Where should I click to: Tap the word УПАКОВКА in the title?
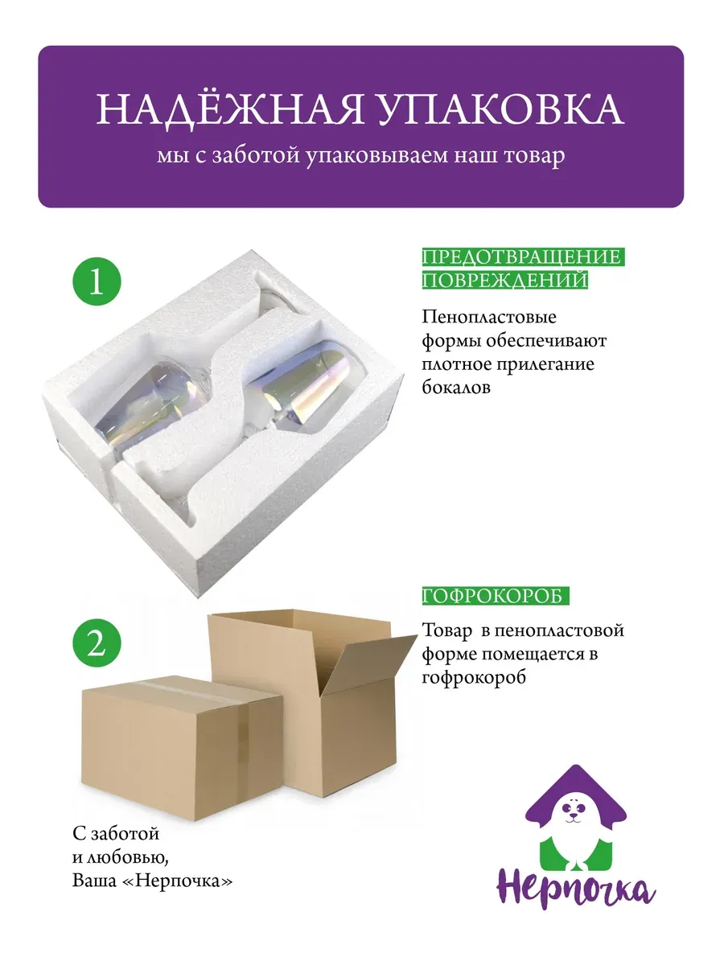tap(500, 109)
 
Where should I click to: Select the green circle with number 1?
tap(97, 281)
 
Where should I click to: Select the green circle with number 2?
tap(97, 643)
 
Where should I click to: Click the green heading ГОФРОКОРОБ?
tap(496, 596)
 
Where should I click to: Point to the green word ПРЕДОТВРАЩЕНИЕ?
tap(523, 257)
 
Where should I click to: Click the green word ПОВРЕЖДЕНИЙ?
tap(505, 280)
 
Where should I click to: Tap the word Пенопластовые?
tap(489, 318)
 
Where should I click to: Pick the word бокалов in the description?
tap(456, 388)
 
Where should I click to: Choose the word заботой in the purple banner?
tap(254, 156)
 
